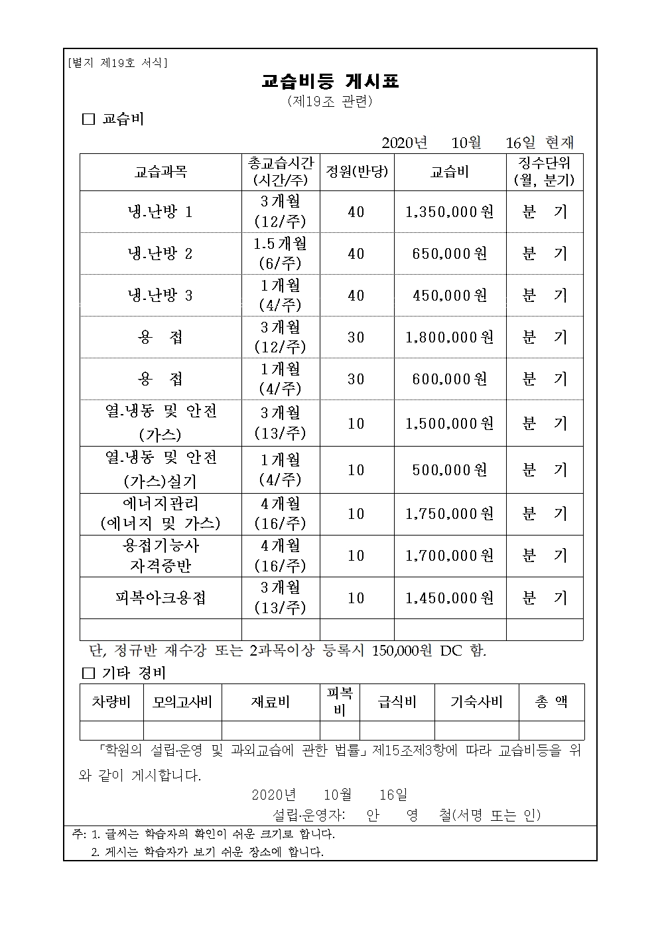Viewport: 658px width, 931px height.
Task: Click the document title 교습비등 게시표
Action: [330, 82]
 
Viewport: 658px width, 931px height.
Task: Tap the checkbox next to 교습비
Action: [88, 120]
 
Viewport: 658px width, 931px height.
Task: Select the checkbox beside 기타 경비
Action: [88, 674]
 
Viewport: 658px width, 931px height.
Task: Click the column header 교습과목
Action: [161, 172]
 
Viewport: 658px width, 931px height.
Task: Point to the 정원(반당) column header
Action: [357, 172]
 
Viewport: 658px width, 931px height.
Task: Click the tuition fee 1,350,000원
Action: [450, 212]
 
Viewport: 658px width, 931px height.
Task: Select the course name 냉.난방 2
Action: [161, 253]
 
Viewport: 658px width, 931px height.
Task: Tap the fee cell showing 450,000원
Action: [450, 295]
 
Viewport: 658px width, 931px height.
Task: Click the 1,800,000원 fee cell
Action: [450, 337]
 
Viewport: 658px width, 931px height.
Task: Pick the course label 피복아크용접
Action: [161, 598]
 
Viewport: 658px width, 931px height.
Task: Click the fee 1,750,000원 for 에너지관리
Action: [450, 514]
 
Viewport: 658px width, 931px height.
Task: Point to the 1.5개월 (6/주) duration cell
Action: [280, 253]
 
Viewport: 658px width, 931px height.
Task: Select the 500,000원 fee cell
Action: [450, 470]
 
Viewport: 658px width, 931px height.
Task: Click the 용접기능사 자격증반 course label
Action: [161, 556]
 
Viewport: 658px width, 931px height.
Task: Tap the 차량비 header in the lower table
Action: [111, 702]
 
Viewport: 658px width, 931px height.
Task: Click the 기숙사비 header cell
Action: [476, 702]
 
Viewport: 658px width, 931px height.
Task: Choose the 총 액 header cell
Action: [551, 702]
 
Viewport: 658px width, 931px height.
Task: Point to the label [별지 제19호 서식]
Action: [118, 63]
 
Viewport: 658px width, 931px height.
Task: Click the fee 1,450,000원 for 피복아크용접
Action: [450, 598]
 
